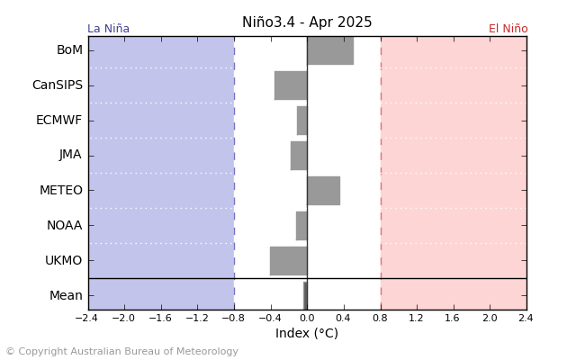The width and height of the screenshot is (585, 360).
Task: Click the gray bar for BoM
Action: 329,50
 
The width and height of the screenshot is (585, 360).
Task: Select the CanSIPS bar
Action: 291,85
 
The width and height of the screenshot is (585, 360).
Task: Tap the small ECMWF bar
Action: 302,121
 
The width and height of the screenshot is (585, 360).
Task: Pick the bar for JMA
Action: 299,156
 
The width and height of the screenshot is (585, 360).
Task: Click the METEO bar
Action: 323,191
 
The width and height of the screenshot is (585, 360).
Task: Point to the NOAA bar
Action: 301,226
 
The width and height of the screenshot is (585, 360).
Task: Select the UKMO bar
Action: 288,261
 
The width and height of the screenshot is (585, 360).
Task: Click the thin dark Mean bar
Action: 305,295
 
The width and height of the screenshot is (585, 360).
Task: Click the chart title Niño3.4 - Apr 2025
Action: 307,22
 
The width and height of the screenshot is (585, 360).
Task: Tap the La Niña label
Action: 108,29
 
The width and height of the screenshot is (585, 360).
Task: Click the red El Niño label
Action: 508,29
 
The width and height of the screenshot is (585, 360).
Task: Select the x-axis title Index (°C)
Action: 307,334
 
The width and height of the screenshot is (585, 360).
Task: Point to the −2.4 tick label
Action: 86,318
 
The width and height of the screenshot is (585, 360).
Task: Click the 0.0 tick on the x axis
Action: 307,318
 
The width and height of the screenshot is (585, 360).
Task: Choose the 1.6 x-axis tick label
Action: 453,318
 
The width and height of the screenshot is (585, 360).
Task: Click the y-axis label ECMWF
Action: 59,121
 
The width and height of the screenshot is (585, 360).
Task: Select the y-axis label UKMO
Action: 64,261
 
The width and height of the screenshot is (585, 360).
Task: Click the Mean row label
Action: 66,295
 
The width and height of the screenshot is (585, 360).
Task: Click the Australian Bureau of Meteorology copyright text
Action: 122,352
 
